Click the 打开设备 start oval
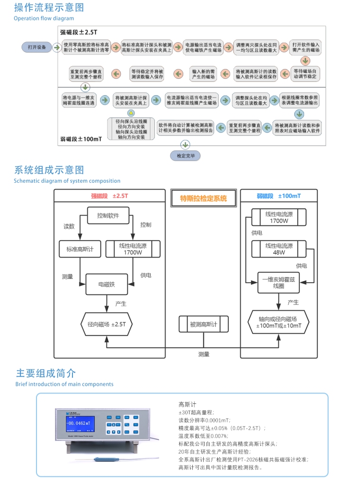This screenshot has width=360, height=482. [36, 47]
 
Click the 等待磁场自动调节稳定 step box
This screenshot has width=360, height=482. [306, 73]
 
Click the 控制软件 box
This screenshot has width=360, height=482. [108, 215]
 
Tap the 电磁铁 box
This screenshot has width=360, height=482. [107, 284]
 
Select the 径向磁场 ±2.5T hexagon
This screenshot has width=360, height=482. [107, 324]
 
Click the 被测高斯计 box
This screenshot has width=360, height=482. [203, 324]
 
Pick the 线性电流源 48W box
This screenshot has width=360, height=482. [279, 249]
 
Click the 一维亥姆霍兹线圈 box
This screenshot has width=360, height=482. [279, 283]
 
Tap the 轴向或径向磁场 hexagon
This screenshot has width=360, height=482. [279, 322]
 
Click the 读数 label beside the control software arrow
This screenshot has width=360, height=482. [69, 226]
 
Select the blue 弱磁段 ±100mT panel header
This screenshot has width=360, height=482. [279, 196]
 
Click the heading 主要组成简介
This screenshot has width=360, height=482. [46, 373]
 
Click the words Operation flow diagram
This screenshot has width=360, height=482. [44, 18]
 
